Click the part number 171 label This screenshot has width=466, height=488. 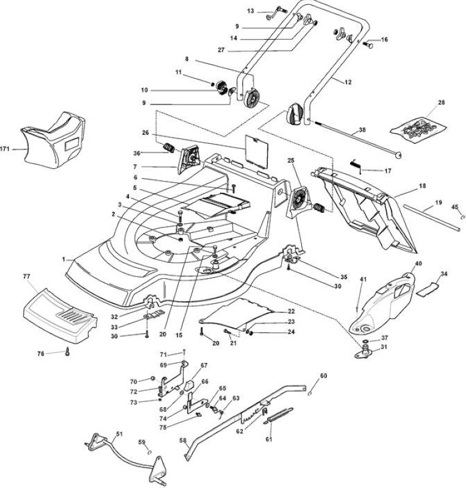5,149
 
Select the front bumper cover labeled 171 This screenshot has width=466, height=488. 53,141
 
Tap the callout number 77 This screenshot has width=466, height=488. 27,276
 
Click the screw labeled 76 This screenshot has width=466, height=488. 67,352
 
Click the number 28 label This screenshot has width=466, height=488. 442,102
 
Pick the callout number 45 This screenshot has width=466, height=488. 455,207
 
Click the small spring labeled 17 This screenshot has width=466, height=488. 356,165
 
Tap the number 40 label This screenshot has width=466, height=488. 418,264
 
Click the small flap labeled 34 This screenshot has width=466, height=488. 428,289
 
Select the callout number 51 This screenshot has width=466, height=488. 119,434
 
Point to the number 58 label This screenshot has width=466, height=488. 183,440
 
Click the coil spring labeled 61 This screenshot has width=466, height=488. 278,415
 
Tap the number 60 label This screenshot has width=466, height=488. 323,376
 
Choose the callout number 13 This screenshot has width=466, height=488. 251,11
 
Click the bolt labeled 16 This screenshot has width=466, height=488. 368,45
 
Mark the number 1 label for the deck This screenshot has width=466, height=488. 63,259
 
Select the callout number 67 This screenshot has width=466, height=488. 204,365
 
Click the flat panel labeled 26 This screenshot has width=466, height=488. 256,148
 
